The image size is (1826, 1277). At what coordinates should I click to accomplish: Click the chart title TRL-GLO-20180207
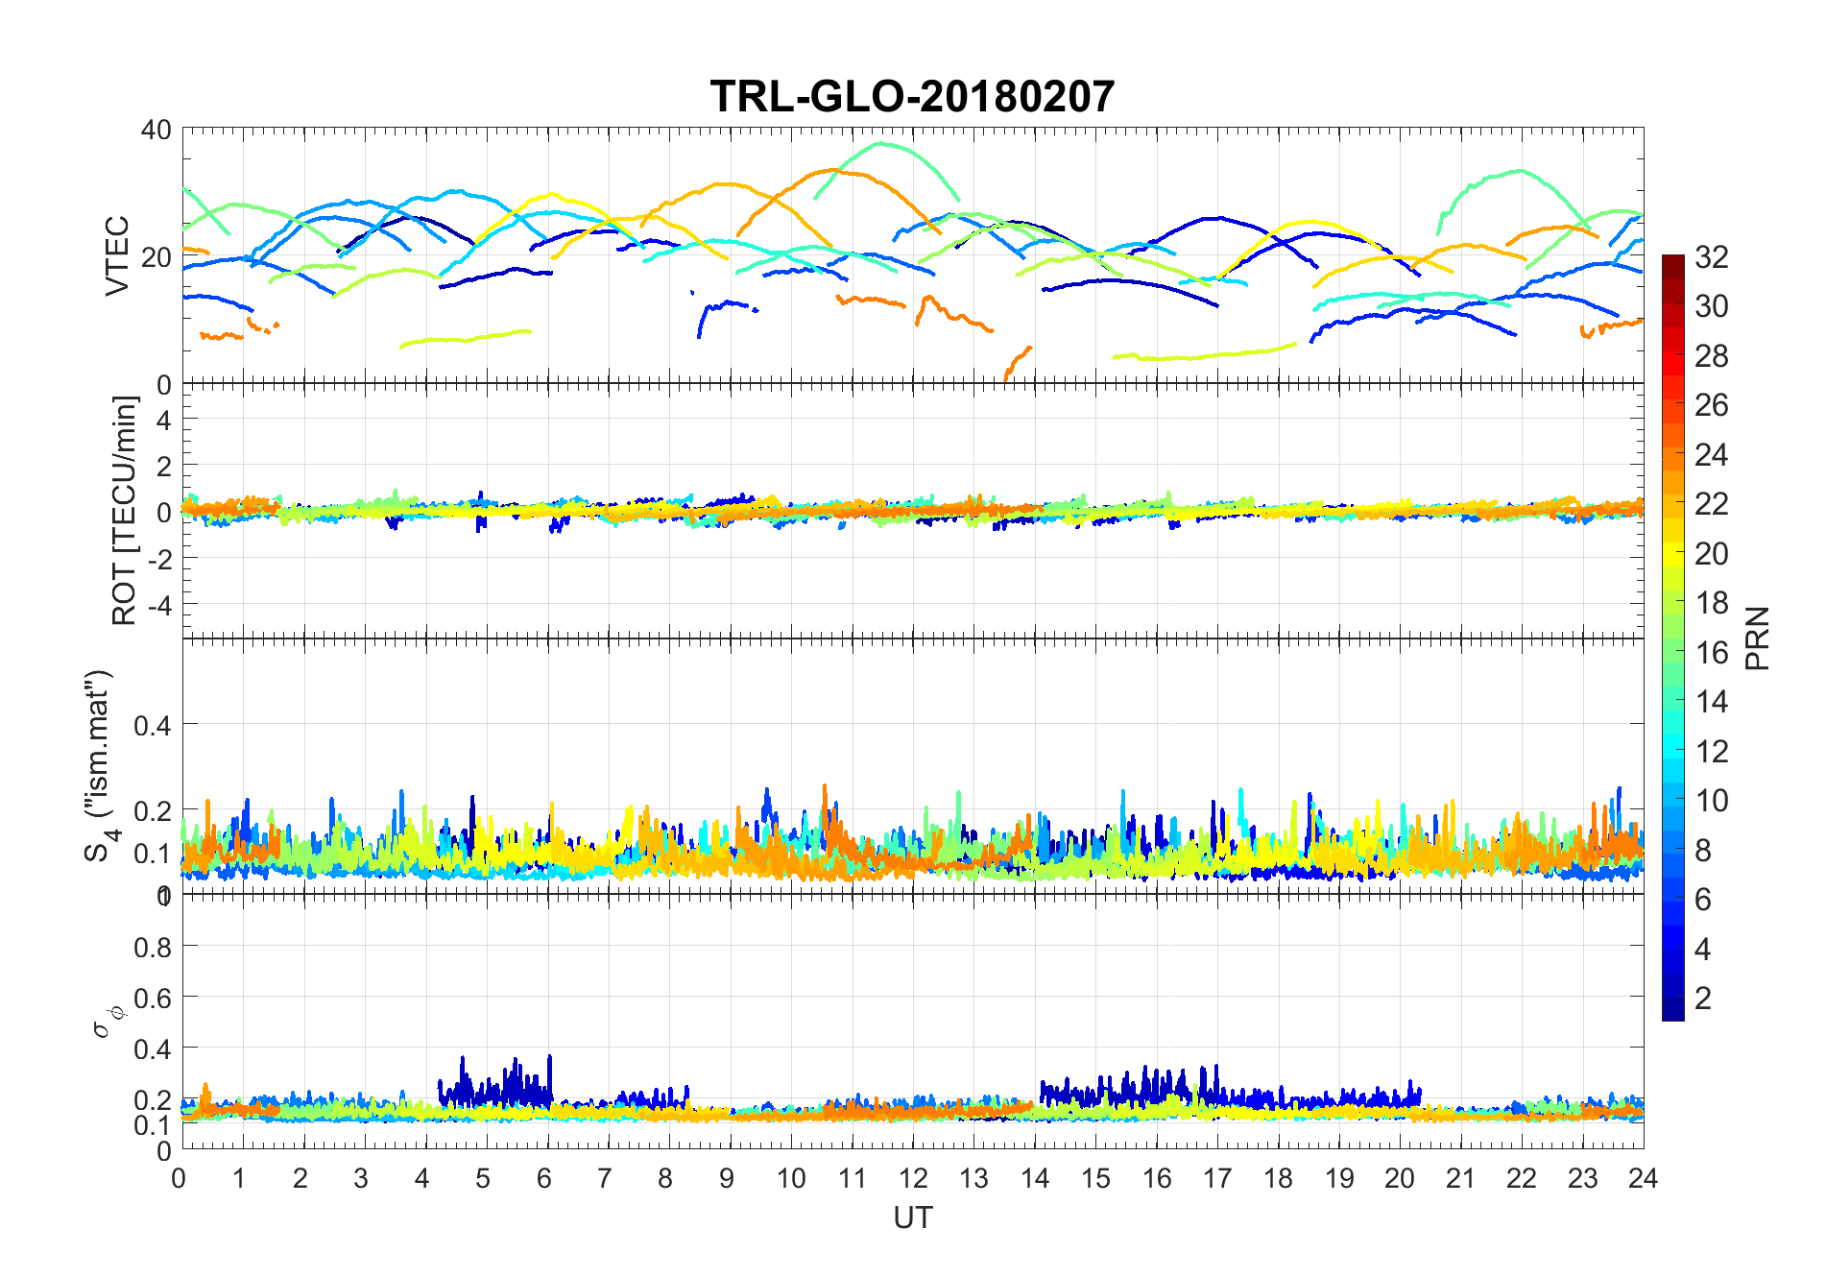click(912, 97)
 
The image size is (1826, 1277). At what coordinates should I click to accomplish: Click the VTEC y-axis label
click(117, 255)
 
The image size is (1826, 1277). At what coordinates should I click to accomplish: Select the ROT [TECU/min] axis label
click(125, 511)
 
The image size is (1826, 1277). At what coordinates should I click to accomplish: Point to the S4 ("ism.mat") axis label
click(99, 765)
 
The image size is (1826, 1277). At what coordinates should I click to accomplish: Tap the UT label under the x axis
click(912, 1217)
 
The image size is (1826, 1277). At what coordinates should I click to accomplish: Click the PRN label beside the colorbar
click(1757, 638)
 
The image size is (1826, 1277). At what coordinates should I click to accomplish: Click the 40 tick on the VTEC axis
click(156, 130)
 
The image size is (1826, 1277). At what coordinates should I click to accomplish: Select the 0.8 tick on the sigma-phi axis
click(153, 948)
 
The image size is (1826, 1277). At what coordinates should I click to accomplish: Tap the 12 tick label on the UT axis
click(912, 1178)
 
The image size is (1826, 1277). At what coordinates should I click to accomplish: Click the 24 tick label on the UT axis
click(1643, 1178)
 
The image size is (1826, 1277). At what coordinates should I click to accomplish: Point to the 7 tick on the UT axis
click(605, 1178)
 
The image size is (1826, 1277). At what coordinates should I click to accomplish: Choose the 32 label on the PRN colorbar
click(1711, 256)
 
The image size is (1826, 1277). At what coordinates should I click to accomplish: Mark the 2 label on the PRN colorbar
click(1702, 999)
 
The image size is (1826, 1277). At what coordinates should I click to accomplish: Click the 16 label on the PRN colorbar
click(1711, 653)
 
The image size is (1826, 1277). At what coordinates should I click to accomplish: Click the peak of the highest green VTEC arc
click(879, 144)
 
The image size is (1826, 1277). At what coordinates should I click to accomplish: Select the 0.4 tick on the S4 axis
click(153, 725)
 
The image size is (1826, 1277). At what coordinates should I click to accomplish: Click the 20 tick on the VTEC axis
click(156, 257)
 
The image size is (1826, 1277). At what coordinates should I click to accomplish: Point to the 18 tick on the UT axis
click(1278, 1178)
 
